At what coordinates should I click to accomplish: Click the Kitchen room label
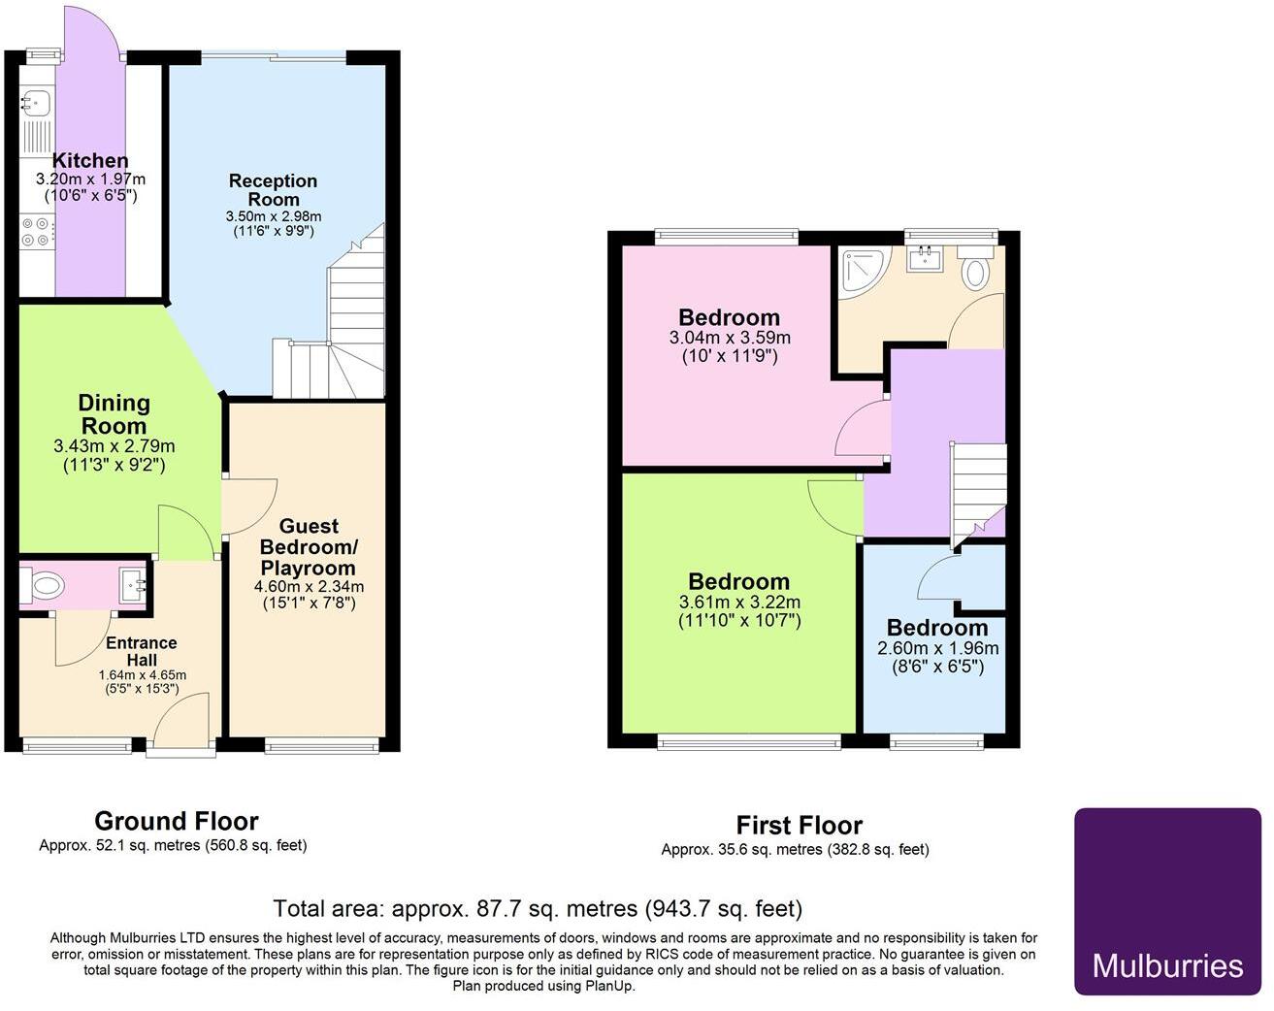89,161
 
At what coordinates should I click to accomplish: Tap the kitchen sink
36,100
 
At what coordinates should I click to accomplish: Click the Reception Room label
273,190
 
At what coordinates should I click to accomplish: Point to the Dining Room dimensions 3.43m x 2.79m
114,447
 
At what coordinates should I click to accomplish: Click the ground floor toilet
43,585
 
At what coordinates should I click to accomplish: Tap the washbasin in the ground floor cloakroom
132,585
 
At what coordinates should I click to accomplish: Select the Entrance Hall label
142,651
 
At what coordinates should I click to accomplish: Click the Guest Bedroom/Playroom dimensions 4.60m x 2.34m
309,587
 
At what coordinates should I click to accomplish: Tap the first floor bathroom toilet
975,269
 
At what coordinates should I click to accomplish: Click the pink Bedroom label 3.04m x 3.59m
729,318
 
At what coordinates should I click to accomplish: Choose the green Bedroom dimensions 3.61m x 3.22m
738,603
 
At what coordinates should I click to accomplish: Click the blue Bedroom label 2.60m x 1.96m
936,628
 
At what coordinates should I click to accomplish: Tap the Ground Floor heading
176,822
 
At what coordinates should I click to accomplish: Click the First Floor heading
799,826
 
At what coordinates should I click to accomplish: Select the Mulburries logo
1167,901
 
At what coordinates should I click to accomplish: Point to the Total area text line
538,909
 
